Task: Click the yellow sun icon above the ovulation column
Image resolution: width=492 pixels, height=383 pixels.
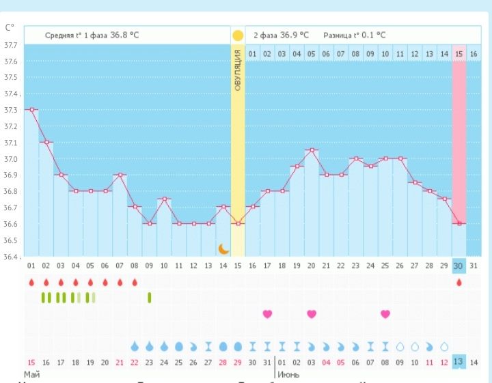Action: [238, 36]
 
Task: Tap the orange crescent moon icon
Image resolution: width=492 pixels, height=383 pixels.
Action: [223, 249]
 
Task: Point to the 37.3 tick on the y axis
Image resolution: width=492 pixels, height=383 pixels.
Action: [11, 110]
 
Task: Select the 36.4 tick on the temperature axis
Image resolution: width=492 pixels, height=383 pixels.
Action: [11, 257]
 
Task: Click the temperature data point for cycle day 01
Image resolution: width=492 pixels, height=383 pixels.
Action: [31, 109]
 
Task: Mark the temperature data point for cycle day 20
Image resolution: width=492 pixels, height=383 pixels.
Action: [312, 150]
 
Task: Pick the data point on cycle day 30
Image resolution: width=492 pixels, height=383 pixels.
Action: [459, 223]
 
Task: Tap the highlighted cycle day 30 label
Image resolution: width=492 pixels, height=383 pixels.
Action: [459, 265]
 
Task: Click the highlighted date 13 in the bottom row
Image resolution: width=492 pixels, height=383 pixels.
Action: [459, 362]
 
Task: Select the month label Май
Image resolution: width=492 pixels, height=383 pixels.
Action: [31, 375]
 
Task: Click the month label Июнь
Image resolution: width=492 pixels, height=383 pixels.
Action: [287, 375]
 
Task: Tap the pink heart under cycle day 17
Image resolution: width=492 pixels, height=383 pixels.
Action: [267, 314]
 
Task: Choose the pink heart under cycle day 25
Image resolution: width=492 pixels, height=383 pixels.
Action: [385, 314]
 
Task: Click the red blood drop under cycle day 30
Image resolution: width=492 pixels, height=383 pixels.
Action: [459, 282]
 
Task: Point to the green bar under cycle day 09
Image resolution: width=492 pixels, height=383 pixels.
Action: [150, 297]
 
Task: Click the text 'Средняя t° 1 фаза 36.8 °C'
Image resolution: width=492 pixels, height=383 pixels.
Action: [92, 35]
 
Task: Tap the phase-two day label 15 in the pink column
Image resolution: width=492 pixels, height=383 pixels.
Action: [459, 54]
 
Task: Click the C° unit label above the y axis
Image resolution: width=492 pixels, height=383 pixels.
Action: [10, 28]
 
